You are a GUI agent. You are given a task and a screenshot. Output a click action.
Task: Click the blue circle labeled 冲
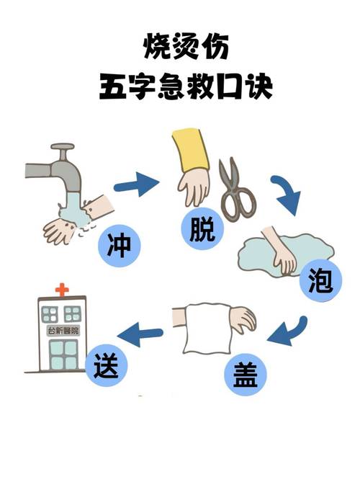click(120, 246)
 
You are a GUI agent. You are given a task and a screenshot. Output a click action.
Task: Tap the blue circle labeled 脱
click(202, 228)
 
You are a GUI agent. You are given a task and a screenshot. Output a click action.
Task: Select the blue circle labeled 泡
click(321, 281)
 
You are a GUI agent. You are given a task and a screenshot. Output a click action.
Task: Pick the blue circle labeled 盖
click(246, 374)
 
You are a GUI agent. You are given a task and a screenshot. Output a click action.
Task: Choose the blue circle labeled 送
click(106, 365)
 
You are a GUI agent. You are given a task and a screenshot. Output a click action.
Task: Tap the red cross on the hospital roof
click(62, 290)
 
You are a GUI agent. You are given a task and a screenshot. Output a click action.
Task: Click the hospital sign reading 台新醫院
click(63, 331)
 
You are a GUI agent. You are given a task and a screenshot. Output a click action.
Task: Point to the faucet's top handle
click(63, 146)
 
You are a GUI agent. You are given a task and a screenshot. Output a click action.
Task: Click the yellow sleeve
click(191, 150)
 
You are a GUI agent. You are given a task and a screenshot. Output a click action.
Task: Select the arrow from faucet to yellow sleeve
click(137, 184)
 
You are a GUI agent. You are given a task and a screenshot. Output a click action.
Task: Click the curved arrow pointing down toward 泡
click(287, 195)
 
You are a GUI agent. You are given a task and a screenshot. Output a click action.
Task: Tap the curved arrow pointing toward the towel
click(287, 332)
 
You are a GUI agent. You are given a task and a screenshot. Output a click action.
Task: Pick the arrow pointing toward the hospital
click(140, 334)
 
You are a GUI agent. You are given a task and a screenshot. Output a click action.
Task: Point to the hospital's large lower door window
click(63, 355)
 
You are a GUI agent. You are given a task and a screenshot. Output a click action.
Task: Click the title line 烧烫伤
click(186, 47)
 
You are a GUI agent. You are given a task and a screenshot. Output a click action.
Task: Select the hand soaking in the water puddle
click(280, 251)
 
